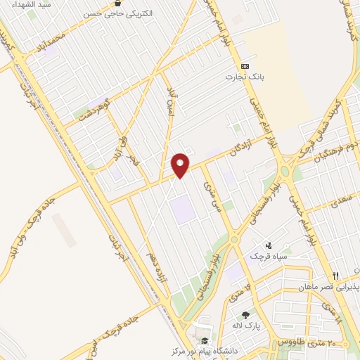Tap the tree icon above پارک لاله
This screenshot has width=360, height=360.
coord(245,315)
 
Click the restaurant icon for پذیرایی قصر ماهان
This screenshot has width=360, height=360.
coord(336,276)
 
